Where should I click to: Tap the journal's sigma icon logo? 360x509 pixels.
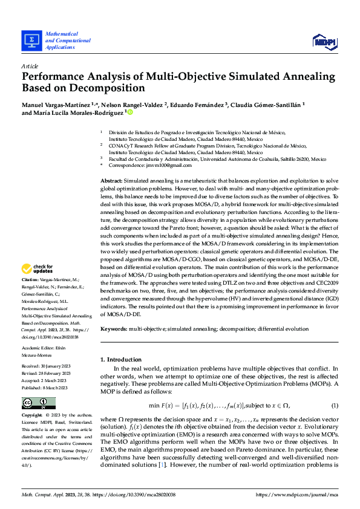[30, 40]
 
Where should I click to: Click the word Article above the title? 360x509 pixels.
[30, 65]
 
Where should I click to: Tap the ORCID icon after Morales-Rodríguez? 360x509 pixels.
[130, 112]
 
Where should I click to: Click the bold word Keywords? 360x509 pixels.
[113, 329]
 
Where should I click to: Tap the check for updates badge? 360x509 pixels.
[38, 269]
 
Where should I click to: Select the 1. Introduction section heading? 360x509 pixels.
[121, 359]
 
